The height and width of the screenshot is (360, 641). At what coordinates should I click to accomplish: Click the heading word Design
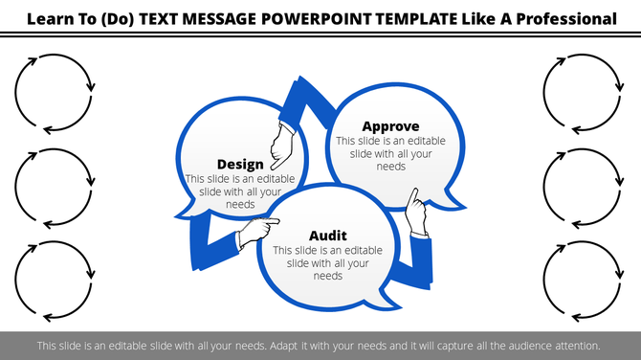[x=240, y=165]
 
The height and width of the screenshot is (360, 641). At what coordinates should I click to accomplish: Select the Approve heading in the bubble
[x=390, y=126]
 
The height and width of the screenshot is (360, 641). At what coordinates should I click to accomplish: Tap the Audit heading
[x=328, y=236]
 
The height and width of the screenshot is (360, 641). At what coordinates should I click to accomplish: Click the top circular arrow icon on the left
[x=55, y=92]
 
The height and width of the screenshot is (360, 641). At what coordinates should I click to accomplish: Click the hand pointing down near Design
[x=281, y=146]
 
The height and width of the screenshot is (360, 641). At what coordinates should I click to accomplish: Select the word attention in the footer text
[x=574, y=346]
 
